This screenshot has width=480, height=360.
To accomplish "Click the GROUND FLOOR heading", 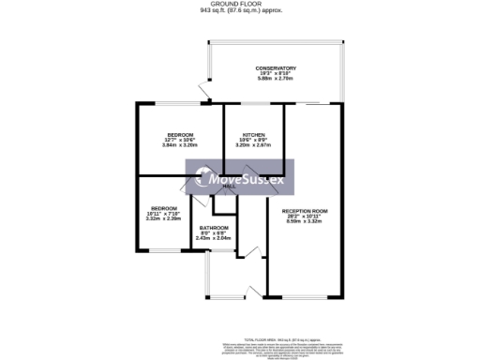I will point(240,5).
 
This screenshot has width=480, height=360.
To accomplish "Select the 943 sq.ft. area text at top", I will point(240,11).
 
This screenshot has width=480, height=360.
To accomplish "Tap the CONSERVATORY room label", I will point(276,68).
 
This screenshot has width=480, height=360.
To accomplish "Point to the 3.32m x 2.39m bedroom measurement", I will point(164,218).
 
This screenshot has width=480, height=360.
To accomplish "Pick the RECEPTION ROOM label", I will point(303,211).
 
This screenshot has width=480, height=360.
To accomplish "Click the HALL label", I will point(229,187).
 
